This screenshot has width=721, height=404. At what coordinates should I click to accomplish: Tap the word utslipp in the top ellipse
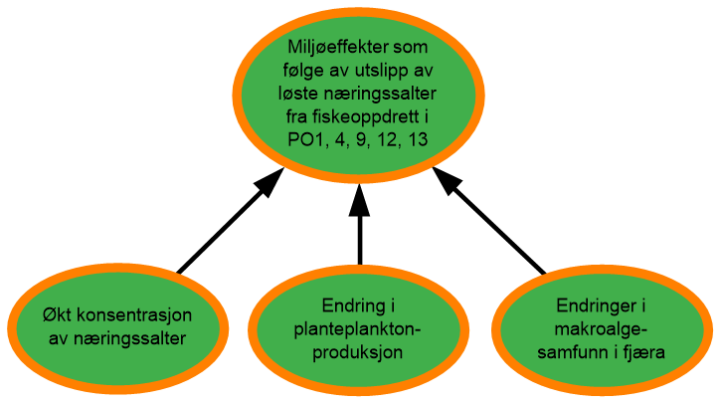tap(382, 71)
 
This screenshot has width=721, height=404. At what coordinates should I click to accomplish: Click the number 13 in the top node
tap(418, 140)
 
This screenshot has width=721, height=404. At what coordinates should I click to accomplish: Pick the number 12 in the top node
tap(387, 140)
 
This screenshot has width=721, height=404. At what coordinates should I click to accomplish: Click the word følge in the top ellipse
tap(303, 71)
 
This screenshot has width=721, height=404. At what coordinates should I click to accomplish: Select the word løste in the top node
tap(298, 94)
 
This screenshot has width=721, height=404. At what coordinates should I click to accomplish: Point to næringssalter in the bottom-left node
tap(129, 339)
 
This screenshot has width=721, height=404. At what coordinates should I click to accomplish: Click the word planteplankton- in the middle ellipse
tap(358, 329)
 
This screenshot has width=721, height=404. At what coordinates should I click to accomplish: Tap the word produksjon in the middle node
tap(358, 353)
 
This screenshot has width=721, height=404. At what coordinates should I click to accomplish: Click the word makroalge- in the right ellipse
tap(601, 329)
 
